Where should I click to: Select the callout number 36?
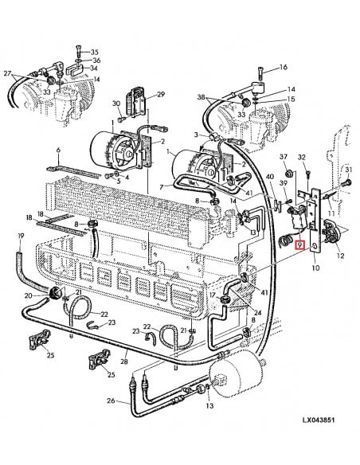(x=96, y=61)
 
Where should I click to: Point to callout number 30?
(x=115, y=104)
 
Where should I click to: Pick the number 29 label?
(x=160, y=95)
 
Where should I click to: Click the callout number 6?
(x=57, y=150)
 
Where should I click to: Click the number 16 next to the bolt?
(x=282, y=68)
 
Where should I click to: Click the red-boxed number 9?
(x=299, y=246)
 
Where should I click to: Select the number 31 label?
(x=347, y=170)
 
